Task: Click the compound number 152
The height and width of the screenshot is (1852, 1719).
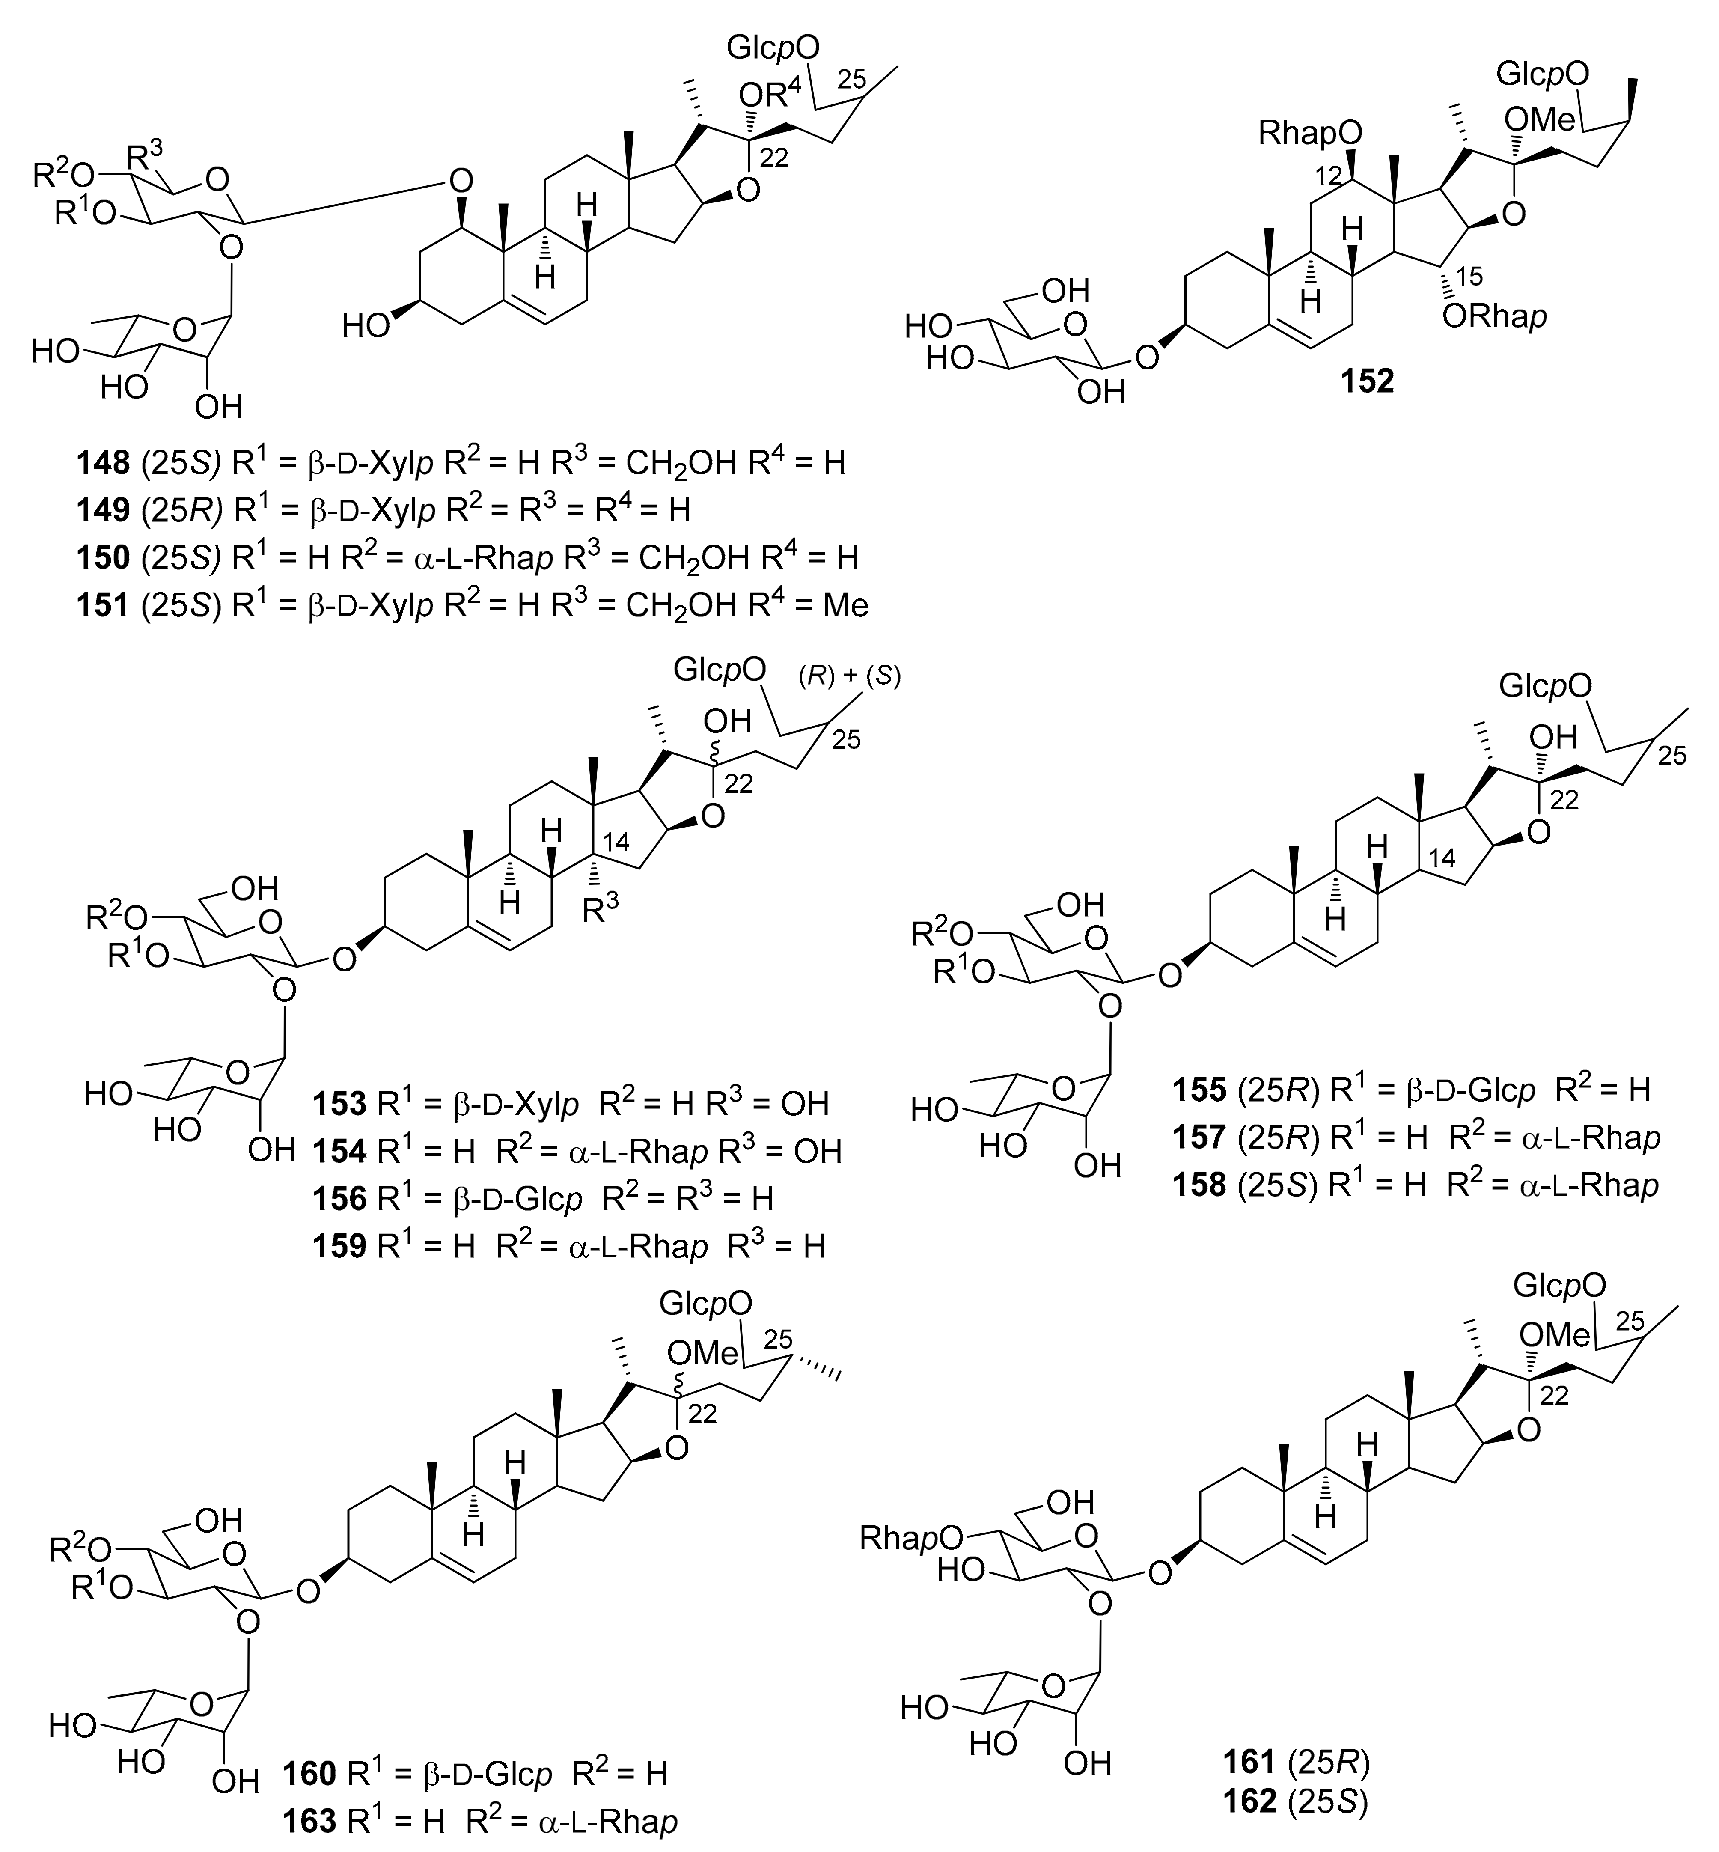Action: (x=1366, y=381)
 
